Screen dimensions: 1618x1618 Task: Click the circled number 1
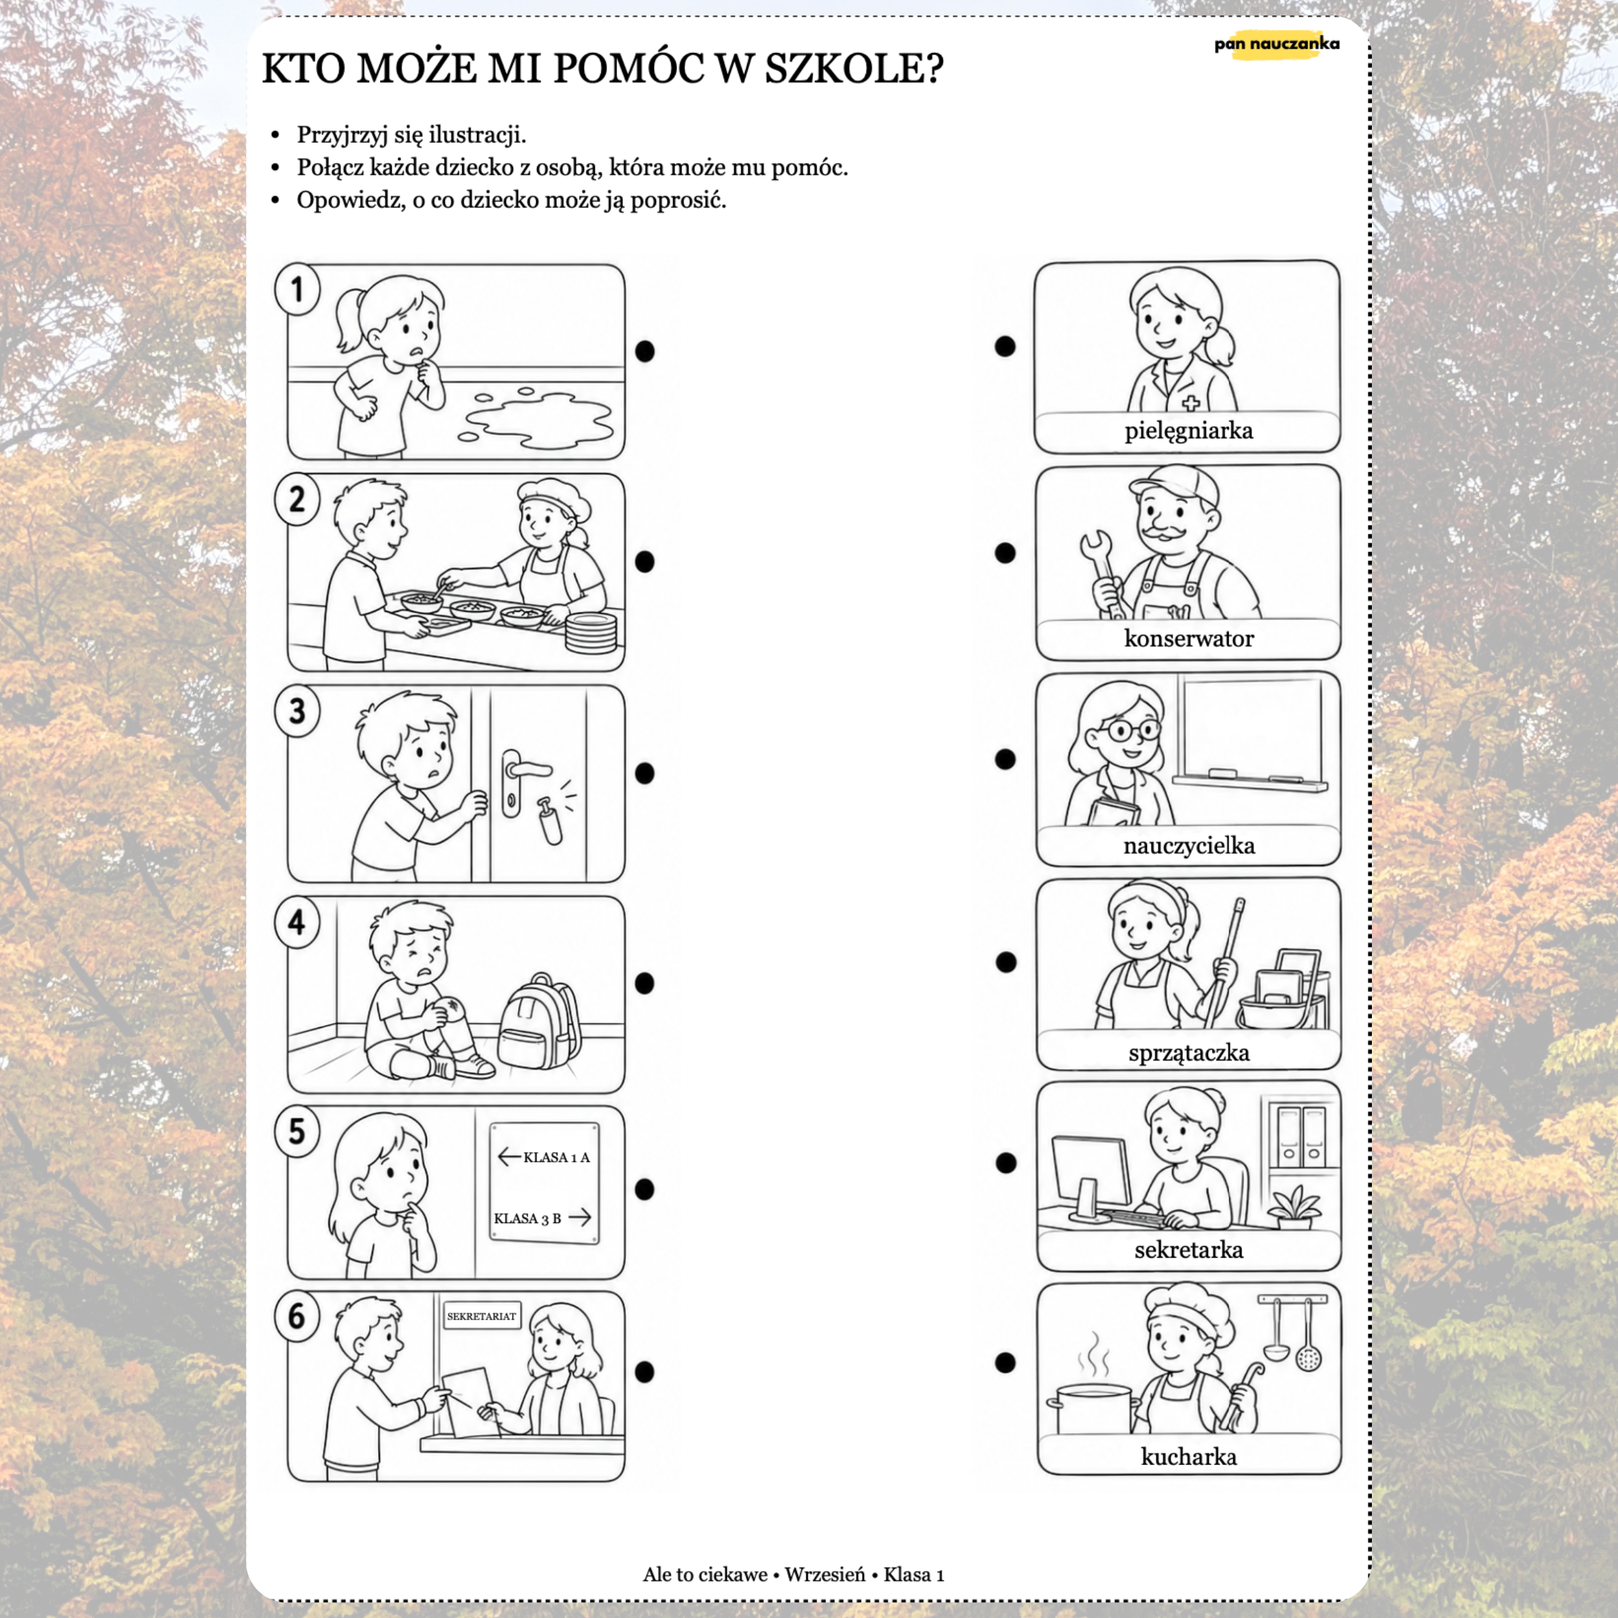point(297,290)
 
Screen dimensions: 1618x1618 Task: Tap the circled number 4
point(297,923)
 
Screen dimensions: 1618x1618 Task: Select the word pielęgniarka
point(1188,431)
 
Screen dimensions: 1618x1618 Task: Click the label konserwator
point(1188,638)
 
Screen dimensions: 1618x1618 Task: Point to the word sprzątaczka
point(1188,1052)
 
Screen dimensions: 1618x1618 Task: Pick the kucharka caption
point(1188,1456)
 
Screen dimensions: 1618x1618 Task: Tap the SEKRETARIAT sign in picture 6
point(481,1315)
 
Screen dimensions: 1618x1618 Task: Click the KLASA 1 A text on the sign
point(556,1157)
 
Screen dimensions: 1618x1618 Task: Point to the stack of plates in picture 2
point(590,632)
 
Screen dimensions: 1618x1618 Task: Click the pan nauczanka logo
point(1276,44)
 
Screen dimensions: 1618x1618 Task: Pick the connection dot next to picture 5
point(644,1189)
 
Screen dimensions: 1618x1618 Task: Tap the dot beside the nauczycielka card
point(1005,759)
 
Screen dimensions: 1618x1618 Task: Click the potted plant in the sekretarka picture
point(1294,1207)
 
